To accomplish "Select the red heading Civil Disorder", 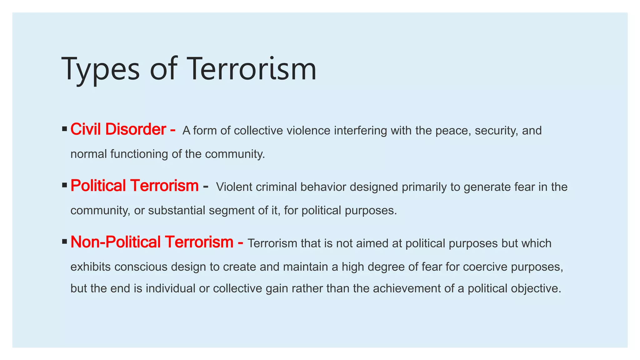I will pos(118,129).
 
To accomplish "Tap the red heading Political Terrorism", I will pos(134,186).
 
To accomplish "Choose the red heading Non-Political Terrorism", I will pos(152,242).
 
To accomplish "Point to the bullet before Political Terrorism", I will pos(65,185).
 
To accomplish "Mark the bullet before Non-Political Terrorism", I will pos(65,242).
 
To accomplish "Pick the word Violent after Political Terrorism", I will pos(234,187).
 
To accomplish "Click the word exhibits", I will pos(91,267).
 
